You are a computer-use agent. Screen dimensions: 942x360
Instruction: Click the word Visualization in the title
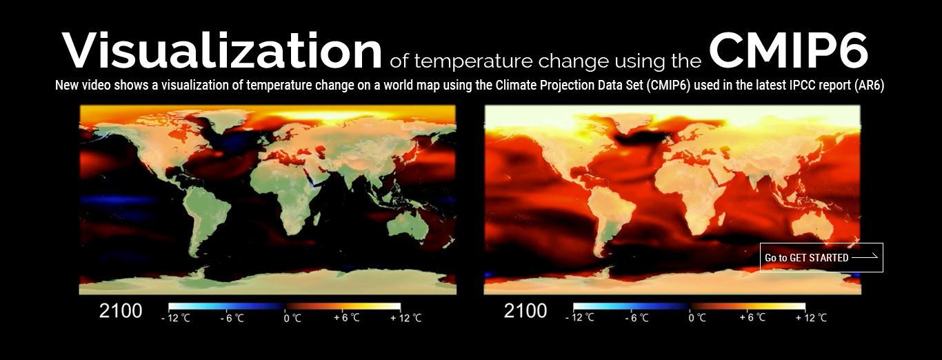[222, 50]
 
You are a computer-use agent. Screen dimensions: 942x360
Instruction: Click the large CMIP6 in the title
[788, 50]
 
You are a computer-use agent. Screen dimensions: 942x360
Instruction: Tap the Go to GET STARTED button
[821, 257]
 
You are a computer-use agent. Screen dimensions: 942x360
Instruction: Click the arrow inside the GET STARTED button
[865, 257]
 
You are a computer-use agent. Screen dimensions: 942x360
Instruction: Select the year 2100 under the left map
[120, 311]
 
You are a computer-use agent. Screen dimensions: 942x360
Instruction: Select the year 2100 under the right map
[525, 311]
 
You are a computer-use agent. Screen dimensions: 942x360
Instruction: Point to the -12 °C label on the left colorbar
[176, 318]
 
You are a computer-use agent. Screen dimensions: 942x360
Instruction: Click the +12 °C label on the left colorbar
[405, 318]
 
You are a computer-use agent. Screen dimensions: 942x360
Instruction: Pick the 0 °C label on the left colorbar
[292, 318]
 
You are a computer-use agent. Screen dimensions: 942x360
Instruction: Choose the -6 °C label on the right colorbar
[637, 318]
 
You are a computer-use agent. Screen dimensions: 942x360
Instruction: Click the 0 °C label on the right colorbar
[697, 318]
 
